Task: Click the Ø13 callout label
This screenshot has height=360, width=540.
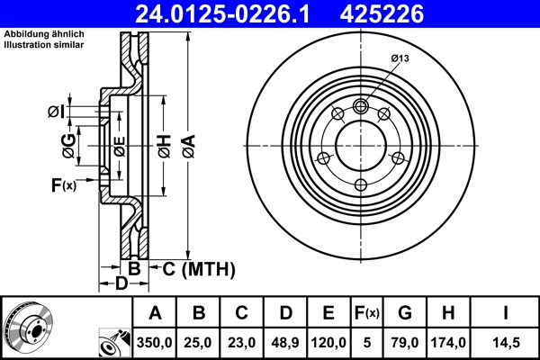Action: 401,58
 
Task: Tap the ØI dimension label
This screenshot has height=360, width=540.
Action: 54,111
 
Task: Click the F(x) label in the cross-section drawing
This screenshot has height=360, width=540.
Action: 63,185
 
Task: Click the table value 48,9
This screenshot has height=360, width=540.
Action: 285,342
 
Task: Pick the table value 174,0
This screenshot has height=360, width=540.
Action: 447,342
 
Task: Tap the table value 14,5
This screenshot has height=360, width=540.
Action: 506,342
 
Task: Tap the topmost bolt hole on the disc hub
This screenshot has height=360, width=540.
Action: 361,106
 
